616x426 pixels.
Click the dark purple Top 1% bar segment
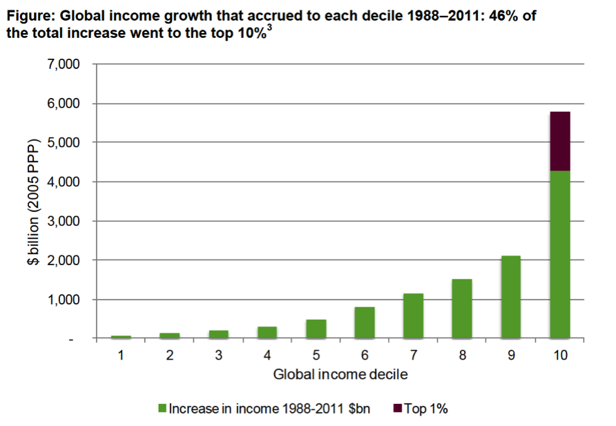coord(560,141)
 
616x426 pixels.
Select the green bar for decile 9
coord(511,297)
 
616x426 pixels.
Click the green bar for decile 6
coord(365,322)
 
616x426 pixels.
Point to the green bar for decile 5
coord(316,329)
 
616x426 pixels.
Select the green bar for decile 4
coord(267,332)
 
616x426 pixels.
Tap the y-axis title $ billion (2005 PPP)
coord(33,202)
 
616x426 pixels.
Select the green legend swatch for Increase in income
coord(163,409)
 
